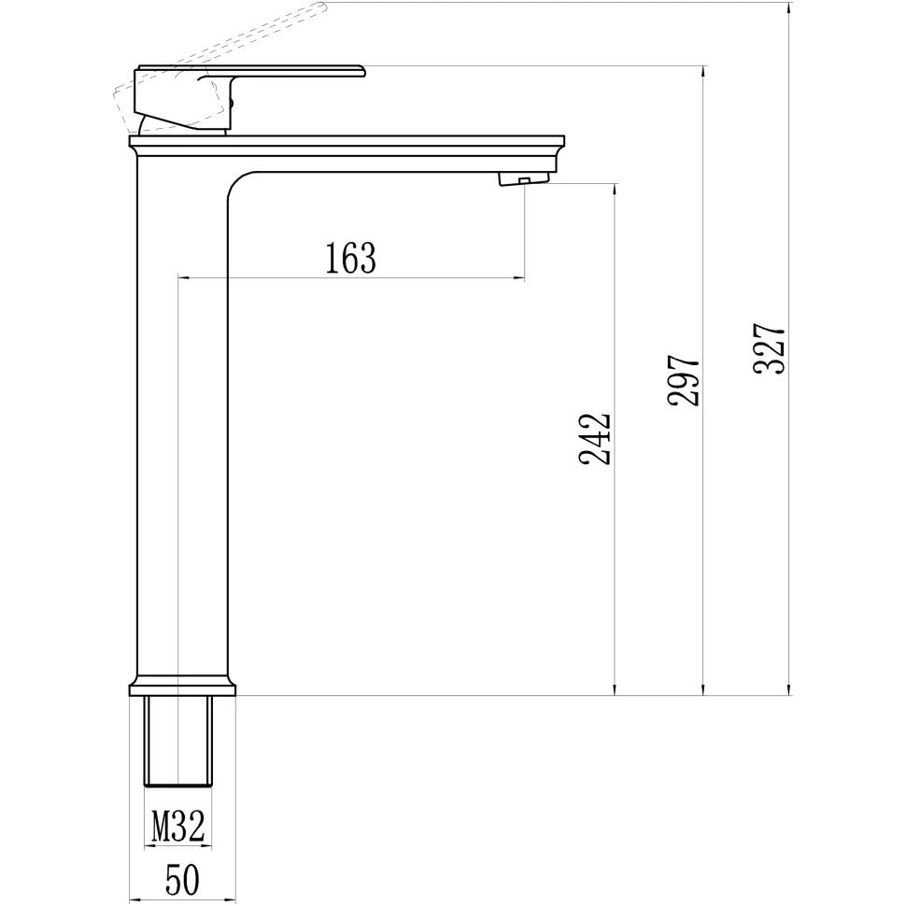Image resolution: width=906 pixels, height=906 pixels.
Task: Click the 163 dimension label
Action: (x=351, y=258)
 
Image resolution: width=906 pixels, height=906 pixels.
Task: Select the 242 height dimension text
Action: (x=595, y=438)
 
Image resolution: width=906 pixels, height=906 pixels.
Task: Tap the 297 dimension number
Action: (x=683, y=379)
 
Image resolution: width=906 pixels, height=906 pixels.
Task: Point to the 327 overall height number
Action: (x=771, y=349)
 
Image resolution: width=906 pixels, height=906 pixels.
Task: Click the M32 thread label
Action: (x=177, y=826)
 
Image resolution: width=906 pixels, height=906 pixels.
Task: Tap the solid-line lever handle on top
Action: (x=280, y=71)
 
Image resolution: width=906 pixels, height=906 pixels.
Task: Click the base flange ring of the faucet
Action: (x=182, y=689)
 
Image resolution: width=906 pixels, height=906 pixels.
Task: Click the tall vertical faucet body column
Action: (x=182, y=420)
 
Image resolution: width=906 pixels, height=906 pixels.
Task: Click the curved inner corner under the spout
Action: (x=239, y=183)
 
